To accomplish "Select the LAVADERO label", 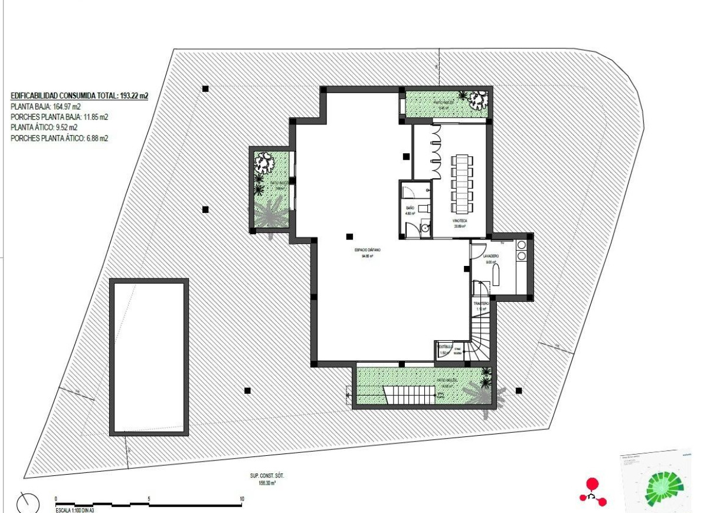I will pos(491,257).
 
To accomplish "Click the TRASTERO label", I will pos(481,303).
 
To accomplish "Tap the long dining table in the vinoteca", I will pos(462,183).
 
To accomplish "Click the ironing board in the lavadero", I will pos(495,275).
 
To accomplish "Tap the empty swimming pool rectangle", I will pos(149,357).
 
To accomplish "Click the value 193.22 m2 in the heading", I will pos(133,96).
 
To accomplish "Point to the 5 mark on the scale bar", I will pos(149,499).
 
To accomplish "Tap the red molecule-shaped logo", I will pos(592,492).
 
